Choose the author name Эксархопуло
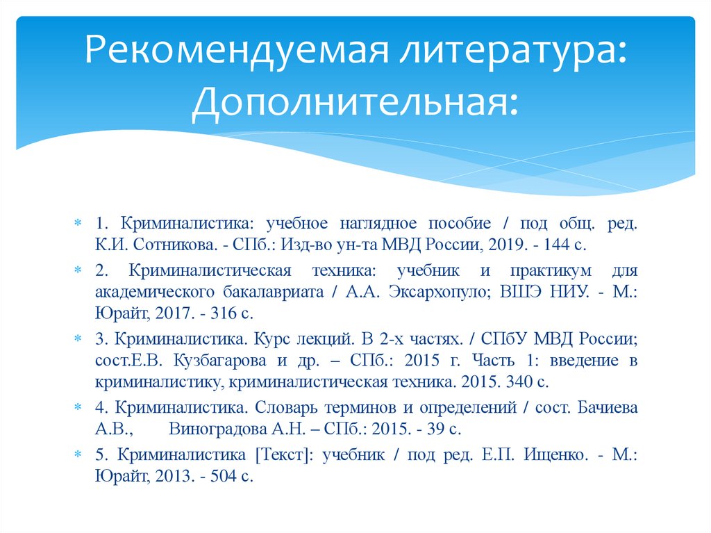click(x=430, y=292)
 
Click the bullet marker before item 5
click(x=78, y=454)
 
